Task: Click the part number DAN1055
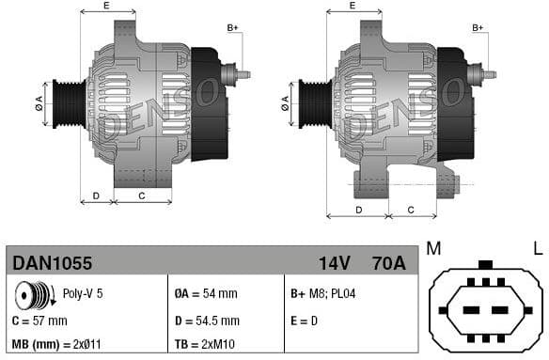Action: coord(52,262)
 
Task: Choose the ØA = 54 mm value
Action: coord(207,294)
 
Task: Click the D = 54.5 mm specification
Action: coord(207,321)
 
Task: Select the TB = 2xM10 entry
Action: coord(205,344)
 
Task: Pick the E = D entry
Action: coord(306,321)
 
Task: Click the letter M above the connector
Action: coord(433,249)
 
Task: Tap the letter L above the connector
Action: coord(538,249)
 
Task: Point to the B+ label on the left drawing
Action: coord(233,28)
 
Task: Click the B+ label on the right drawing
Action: coord(478,28)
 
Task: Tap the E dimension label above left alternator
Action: coord(105,6)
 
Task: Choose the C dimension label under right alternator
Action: coord(411,208)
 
